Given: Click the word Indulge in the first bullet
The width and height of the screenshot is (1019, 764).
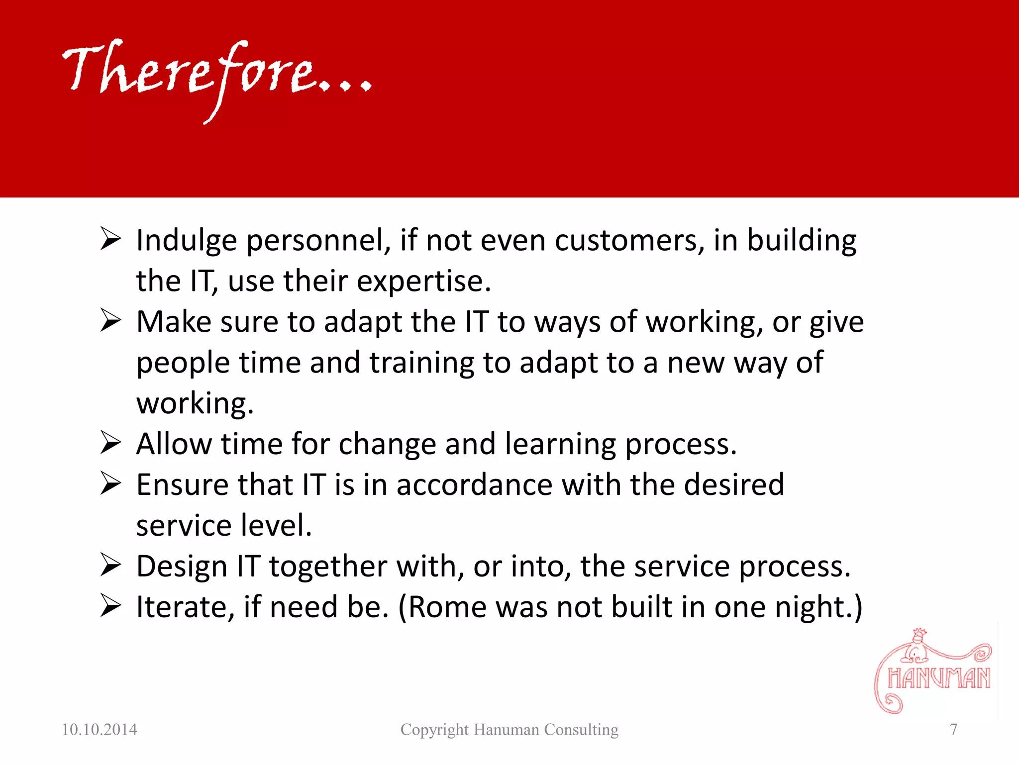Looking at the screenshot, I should coord(186,241).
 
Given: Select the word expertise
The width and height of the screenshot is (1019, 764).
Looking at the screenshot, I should coord(423,282).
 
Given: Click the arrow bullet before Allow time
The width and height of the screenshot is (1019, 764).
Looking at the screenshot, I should coord(110,442).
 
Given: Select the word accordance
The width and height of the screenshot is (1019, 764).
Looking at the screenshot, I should coord(474,485).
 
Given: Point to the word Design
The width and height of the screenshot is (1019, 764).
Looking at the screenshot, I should coord(182,567).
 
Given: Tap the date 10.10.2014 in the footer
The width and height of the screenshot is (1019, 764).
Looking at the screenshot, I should coord(99,730).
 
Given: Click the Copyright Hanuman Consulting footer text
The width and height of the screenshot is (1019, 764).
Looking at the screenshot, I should coord(509,730).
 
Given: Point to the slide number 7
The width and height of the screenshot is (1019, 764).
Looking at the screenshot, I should coord(953,730).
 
